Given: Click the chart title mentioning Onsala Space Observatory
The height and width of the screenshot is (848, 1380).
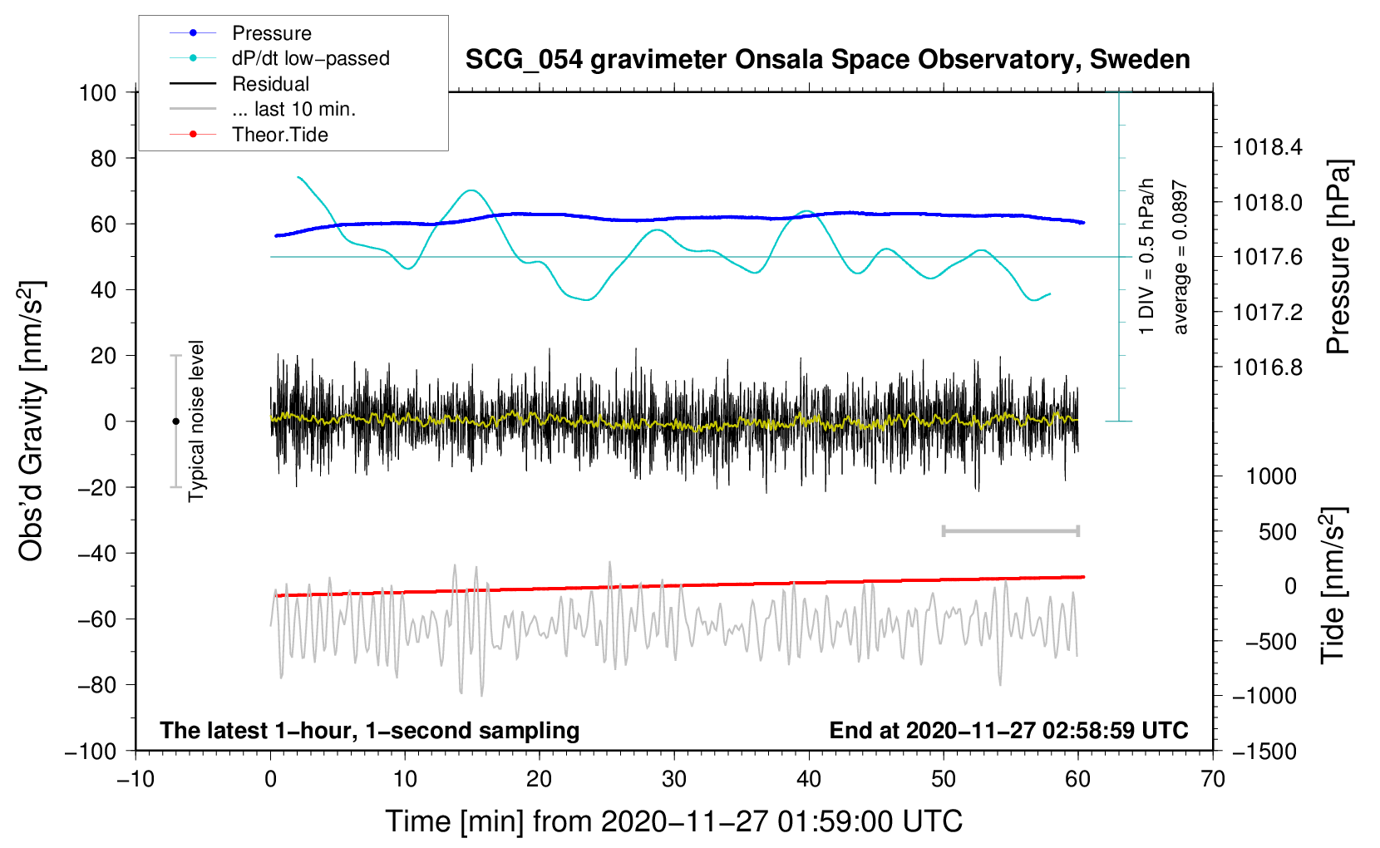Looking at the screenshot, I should [827, 60].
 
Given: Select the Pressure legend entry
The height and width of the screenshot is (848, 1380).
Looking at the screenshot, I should [271, 33].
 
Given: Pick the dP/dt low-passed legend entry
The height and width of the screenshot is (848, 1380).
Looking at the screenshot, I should [310, 58].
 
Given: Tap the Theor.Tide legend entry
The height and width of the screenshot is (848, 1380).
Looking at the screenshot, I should [279, 135].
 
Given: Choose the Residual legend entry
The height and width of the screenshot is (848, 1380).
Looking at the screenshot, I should [270, 84].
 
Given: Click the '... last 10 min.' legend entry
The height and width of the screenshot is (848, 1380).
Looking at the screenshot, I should [293, 109].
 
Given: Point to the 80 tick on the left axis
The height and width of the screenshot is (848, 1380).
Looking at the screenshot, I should [103, 158].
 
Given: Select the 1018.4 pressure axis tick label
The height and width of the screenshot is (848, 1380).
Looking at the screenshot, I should [1268, 148].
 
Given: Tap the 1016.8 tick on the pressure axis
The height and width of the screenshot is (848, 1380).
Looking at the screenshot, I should [1268, 367].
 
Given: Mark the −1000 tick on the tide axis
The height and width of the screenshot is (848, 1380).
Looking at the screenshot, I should [1264, 696].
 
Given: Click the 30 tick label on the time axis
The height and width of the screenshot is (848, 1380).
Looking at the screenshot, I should [674, 779].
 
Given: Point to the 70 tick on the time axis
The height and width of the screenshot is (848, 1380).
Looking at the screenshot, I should [1213, 779].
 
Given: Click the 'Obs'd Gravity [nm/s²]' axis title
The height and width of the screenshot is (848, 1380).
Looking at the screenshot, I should [32, 421].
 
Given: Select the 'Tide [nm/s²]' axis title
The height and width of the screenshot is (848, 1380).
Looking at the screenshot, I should [1333, 584].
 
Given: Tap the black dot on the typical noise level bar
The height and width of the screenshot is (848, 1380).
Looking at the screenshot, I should [175, 422].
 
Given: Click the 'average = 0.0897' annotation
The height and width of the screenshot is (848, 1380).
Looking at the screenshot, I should [1180, 258].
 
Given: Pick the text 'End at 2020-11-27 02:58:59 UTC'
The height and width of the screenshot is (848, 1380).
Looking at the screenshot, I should [1008, 731].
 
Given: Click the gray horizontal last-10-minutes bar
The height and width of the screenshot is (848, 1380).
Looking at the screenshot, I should [1010, 531].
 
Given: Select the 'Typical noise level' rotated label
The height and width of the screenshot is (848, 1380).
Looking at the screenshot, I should [196, 421].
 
